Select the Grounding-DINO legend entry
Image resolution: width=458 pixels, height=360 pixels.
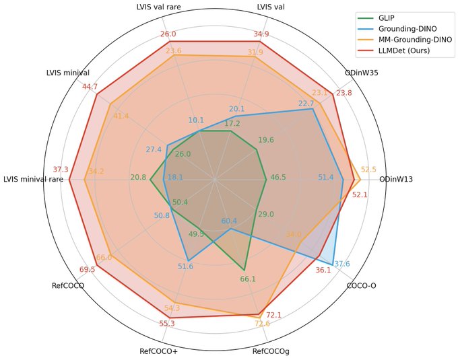click(414, 29)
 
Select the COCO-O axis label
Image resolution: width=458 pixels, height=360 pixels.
click(361, 286)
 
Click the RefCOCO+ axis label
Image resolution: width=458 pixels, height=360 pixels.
click(158, 351)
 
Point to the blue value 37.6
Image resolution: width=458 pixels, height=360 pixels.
click(342, 263)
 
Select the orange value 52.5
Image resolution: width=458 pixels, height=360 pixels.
click(368, 170)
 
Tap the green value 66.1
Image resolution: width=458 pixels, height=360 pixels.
click(248, 279)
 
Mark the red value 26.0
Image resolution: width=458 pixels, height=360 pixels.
click(168, 34)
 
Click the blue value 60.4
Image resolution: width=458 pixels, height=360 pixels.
click(229, 221)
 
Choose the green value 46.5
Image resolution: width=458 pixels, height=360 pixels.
click(277, 178)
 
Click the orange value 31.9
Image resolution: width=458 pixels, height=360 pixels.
click(255, 52)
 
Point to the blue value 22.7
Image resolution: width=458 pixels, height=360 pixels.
click(306, 103)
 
